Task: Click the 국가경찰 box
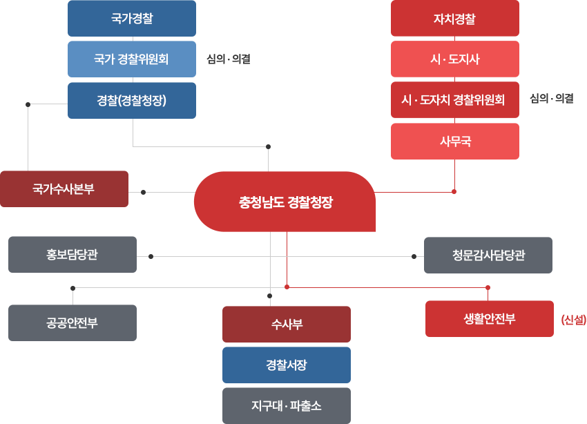coord(131,19)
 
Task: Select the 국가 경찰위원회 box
coord(131,59)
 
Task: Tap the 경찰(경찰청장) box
coord(131,100)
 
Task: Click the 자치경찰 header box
coord(454,19)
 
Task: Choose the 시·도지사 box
coord(454,59)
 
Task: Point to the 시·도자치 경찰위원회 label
coord(453,100)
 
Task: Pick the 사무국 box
coord(454,142)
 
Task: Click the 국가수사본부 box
coord(64,189)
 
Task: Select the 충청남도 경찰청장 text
coord(286,203)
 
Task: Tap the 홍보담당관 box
coord(72,255)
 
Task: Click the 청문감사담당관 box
coord(488,256)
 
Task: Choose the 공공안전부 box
coord(72,322)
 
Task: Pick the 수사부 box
coord(286,324)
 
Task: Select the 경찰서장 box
coord(286,365)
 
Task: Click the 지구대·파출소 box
coord(286,406)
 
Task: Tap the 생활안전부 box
coord(489,318)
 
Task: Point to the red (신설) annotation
coord(573,319)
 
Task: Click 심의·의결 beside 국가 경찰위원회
coord(228,59)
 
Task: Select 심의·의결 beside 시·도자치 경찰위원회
coord(551,99)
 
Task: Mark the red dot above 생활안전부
coord(488,287)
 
